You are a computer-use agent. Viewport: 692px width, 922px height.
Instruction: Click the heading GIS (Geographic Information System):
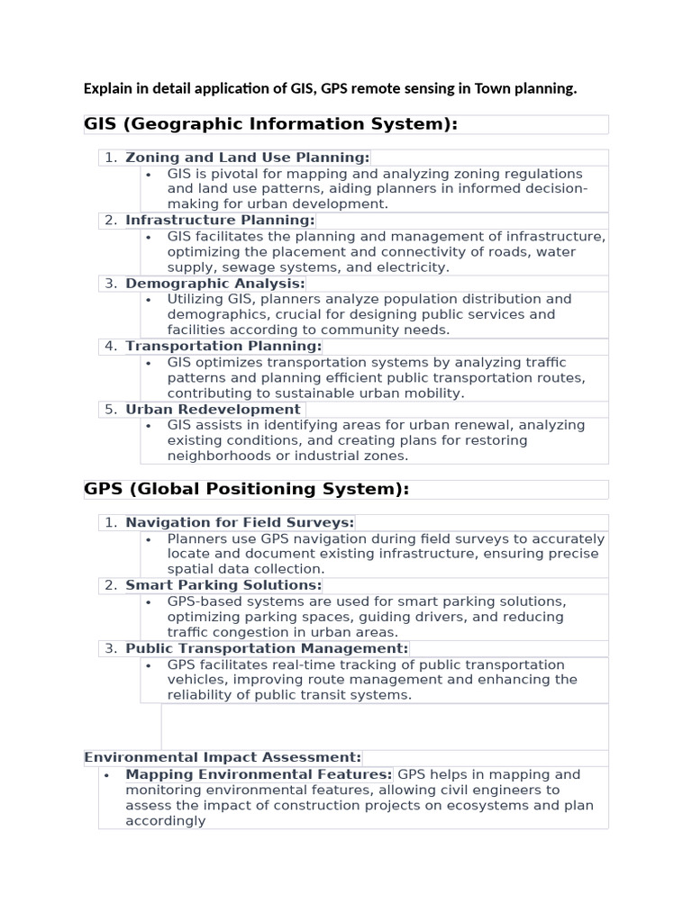pyautogui.click(x=270, y=124)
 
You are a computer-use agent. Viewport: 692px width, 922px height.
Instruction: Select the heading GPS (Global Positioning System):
pyautogui.click(x=246, y=489)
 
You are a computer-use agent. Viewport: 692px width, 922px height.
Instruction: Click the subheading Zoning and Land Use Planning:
pyautogui.click(x=247, y=158)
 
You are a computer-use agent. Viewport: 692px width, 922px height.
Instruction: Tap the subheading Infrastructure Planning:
pyautogui.click(x=220, y=221)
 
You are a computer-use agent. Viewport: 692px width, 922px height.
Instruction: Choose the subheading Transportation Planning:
pyautogui.click(x=223, y=347)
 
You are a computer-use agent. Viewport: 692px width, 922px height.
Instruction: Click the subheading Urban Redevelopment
pyautogui.click(x=213, y=410)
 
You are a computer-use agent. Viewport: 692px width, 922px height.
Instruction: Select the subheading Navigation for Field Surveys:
pyautogui.click(x=240, y=522)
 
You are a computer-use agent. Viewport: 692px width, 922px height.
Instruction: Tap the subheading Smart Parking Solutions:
pyautogui.click(x=223, y=585)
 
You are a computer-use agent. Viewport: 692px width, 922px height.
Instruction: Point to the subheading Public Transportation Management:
pyautogui.click(x=267, y=648)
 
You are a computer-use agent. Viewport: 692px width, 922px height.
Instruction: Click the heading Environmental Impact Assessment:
pyautogui.click(x=223, y=757)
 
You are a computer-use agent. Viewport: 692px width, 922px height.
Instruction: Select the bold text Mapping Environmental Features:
pyautogui.click(x=259, y=774)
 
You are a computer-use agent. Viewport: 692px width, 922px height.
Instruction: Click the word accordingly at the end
pyautogui.click(x=165, y=821)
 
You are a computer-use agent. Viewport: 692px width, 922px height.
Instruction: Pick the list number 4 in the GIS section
pyautogui.click(x=110, y=347)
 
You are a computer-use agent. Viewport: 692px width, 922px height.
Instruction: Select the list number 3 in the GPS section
pyautogui.click(x=110, y=648)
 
